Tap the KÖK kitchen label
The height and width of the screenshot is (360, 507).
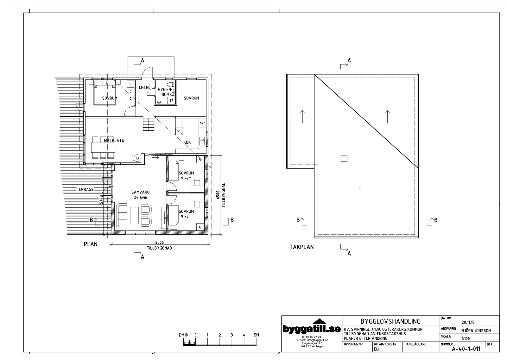point(187,142)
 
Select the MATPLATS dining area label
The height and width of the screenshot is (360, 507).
point(114,140)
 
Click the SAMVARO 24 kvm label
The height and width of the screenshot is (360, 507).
point(141,195)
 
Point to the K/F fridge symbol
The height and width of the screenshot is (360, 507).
point(202,123)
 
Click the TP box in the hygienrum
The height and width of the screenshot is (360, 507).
point(172,101)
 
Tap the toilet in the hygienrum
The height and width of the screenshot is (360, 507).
point(171,85)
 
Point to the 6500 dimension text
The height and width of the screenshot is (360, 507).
point(217,195)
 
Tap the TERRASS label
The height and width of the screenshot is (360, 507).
point(85,189)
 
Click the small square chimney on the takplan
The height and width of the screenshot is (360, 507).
point(344,158)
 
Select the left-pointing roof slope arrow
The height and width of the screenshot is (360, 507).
point(364,188)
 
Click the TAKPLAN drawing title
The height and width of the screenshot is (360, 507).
point(301,247)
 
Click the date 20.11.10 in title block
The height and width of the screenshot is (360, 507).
point(468,322)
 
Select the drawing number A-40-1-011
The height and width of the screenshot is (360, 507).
point(466,349)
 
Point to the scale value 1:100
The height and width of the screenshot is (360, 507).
point(466,338)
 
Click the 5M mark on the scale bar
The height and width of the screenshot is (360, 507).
point(256,335)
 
